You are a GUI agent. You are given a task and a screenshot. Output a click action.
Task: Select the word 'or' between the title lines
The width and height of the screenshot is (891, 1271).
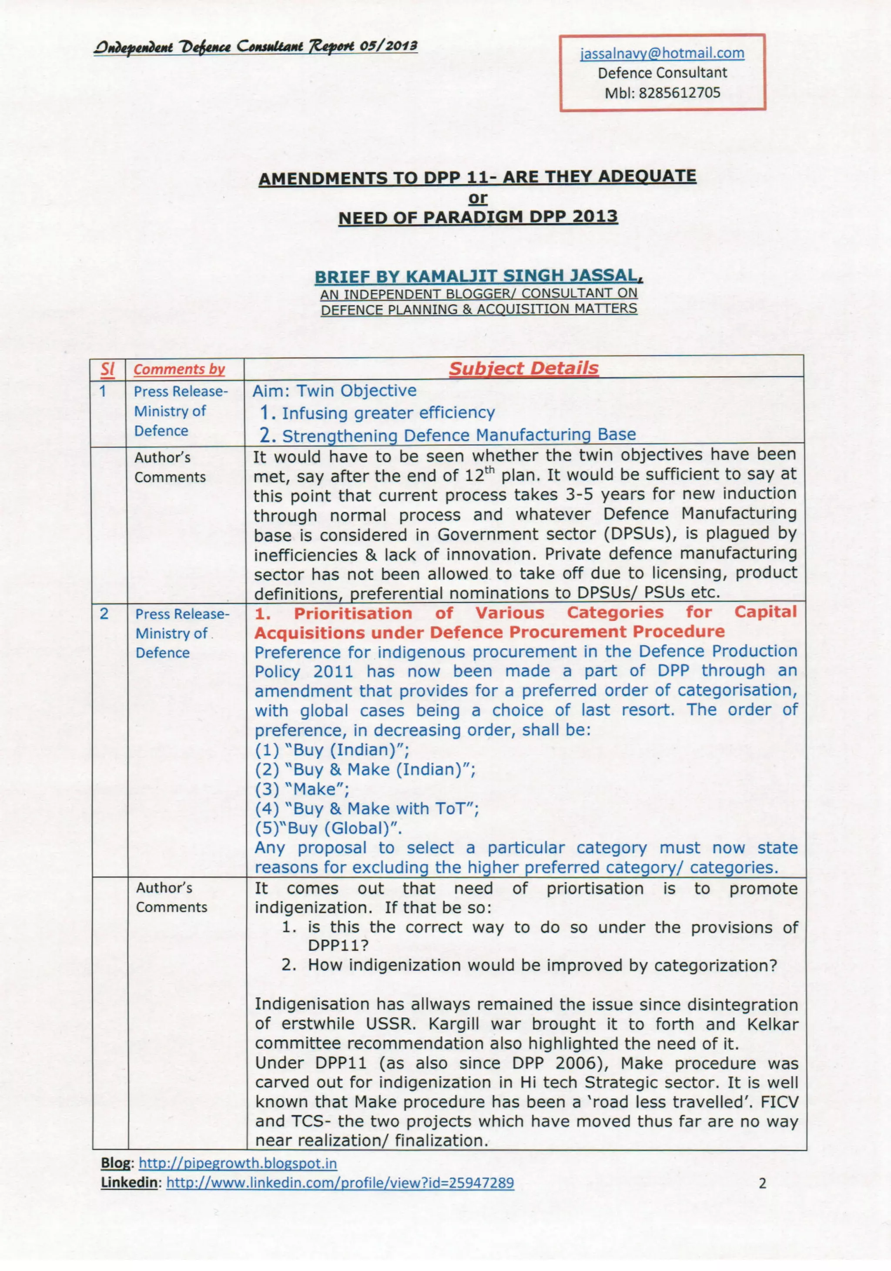pyautogui.click(x=478, y=198)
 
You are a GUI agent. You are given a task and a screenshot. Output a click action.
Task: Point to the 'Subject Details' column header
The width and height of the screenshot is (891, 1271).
pyautogui.click(x=523, y=368)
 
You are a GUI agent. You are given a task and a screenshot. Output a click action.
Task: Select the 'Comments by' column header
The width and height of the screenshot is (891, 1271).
pyautogui.click(x=179, y=369)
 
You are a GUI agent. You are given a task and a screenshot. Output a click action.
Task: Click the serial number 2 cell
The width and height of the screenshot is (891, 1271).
pyautogui.click(x=104, y=614)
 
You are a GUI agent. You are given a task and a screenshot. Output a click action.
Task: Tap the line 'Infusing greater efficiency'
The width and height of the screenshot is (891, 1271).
pyautogui.click(x=387, y=413)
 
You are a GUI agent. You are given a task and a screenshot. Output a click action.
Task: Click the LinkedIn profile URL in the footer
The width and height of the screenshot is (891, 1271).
pyautogui.click(x=340, y=1183)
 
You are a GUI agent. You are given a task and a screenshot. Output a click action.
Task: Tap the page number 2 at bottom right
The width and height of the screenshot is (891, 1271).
pyautogui.click(x=762, y=1184)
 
